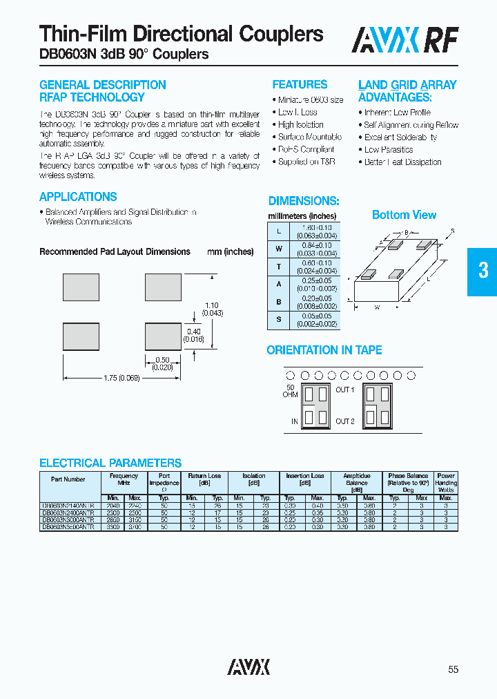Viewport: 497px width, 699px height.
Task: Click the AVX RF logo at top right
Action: (405, 41)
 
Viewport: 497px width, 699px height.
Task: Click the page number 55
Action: (453, 669)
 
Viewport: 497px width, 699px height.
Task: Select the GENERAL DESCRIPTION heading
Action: (102, 85)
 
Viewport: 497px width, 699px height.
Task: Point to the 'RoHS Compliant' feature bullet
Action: (306, 149)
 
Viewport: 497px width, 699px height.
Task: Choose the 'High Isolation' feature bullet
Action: (300, 124)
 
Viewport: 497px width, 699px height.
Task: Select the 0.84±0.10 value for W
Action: (317, 245)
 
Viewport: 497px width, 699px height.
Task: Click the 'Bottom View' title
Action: (404, 215)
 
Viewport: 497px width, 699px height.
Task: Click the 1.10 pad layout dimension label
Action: (211, 305)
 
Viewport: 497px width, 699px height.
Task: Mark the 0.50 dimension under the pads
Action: (163, 359)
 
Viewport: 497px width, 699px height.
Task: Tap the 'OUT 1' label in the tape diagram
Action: (344, 390)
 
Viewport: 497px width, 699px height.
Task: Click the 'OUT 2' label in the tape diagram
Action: (344, 421)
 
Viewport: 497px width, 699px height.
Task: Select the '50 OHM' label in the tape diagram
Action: (290, 391)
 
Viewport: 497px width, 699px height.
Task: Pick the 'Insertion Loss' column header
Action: (304, 476)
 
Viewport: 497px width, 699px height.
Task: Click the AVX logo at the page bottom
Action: (248, 667)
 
